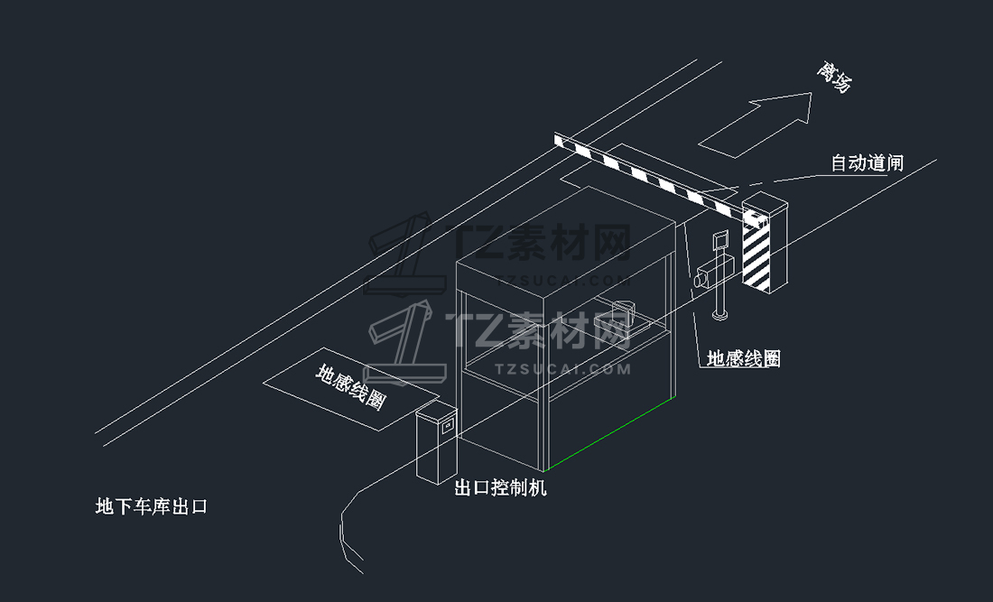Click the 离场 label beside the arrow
833,79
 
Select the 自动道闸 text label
867,163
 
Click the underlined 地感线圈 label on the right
743,358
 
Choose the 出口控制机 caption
499,488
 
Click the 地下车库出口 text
152,506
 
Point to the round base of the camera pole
719,314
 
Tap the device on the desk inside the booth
619,316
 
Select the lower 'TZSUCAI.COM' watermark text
562,368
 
